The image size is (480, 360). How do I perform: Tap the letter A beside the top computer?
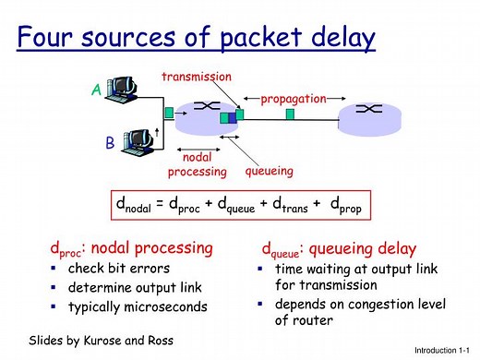pos(95,90)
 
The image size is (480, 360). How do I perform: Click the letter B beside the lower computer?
pos(110,144)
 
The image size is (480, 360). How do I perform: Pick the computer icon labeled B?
pos(138,140)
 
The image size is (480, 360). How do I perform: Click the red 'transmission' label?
pos(197,77)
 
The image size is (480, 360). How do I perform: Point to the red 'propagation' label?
pos(293,98)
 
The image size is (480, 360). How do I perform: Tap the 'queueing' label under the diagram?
pos(270,171)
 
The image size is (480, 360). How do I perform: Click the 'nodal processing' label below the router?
pos(197,164)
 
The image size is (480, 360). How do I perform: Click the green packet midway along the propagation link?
pos(290,114)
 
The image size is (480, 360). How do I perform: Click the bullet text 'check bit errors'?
pos(119,269)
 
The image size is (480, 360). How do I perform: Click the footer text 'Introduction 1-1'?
pos(443,352)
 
